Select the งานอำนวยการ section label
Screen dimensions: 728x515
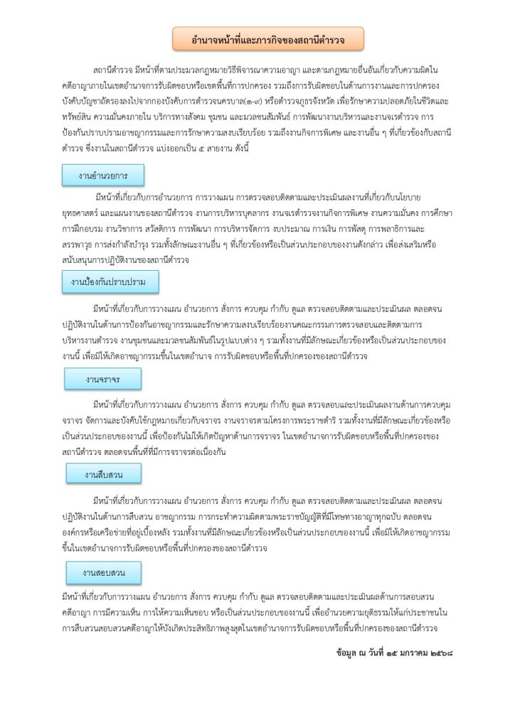coord(103,174)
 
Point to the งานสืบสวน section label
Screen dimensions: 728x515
coord(104,473)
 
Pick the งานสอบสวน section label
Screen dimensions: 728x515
coord(104,572)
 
